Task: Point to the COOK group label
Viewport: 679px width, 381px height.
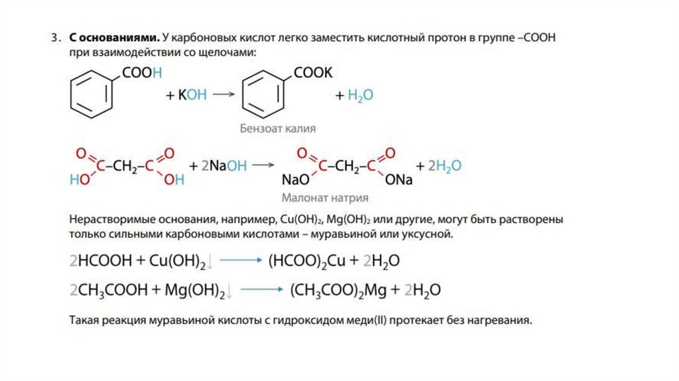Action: pos(312,73)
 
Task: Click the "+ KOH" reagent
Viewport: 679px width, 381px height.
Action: pos(186,95)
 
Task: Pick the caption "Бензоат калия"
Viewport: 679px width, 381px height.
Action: pos(277,129)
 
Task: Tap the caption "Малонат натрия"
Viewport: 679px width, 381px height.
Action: pos(324,198)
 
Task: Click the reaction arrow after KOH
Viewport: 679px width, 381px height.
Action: pos(224,95)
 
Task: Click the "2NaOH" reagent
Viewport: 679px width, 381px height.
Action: pos(223,166)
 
